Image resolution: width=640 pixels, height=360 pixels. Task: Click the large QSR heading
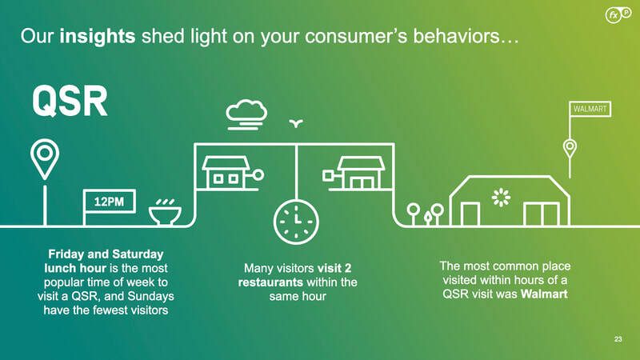pos(70,102)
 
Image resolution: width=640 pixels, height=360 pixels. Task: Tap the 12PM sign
pos(110,202)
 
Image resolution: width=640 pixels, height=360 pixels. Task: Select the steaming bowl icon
pos(165,211)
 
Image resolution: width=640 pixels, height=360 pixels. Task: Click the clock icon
pos(296,222)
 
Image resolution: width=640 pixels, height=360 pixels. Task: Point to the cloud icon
pos(246,114)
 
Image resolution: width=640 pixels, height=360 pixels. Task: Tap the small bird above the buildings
pos(296,123)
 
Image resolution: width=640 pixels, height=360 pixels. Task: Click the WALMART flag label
pos(590,109)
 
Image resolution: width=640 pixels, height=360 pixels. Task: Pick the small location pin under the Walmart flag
pos(570,149)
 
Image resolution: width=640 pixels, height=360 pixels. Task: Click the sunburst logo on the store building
pos(501,198)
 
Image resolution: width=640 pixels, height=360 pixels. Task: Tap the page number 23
pos(618,339)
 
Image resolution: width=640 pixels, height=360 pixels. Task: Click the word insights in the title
pos(98,36)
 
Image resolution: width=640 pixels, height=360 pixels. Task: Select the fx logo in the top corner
pos(618,15)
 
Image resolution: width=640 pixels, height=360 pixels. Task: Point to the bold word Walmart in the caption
pos(544,294)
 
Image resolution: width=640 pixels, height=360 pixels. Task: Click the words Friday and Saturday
pos(106,254)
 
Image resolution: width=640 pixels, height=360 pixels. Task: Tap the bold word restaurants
pos(270,282)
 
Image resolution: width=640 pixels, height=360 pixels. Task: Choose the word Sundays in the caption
pos(151,296)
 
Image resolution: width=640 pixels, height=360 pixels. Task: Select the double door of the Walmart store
pos(542,214)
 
